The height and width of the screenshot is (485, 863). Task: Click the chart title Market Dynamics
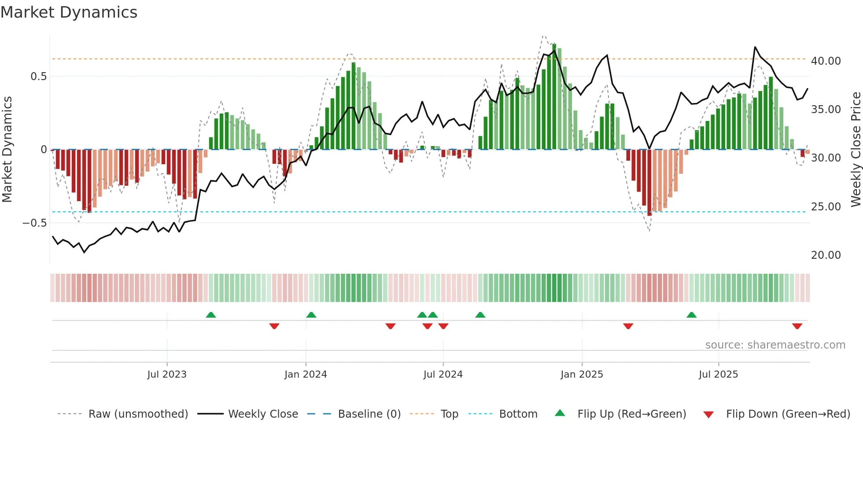click(69, 12)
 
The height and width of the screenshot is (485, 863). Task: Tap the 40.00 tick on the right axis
click(826, 61)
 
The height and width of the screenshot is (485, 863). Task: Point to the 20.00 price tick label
click(826, 255)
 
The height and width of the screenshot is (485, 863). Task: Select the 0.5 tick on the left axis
click(38, 76)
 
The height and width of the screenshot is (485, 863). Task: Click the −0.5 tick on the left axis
click(35, 223)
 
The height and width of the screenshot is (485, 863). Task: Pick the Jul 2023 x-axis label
click(167, 374)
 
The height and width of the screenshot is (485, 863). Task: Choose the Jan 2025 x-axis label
click(582, 374)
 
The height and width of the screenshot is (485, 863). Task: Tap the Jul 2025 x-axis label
click(718, 374)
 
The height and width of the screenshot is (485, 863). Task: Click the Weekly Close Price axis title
click(856, 149)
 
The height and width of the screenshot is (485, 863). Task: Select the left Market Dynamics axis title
click(7, 149)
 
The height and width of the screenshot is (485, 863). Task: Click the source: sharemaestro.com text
click(775, 345)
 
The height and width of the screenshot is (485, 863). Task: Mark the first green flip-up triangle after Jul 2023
click(211, 315)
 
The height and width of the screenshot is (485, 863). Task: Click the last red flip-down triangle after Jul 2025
click(797, 326)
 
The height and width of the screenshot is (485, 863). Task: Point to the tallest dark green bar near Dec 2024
click(554, 97)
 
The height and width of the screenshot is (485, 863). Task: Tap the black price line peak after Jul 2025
click(755, 47)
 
